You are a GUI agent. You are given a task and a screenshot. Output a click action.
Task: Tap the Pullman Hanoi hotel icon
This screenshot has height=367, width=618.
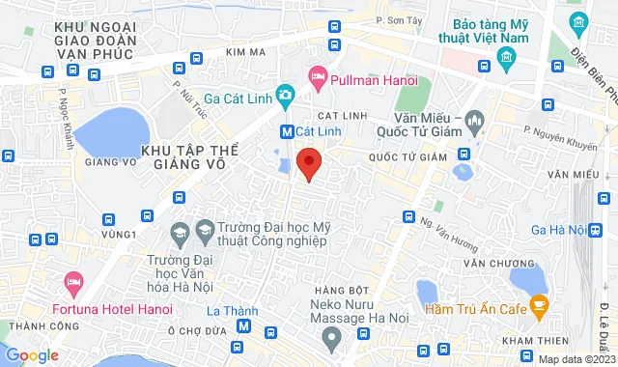coord(317,74)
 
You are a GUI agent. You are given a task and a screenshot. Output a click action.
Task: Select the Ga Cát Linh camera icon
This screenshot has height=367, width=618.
coord(285,95)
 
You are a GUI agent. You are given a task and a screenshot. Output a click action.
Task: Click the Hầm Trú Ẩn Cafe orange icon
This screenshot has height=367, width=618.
coord(539,308)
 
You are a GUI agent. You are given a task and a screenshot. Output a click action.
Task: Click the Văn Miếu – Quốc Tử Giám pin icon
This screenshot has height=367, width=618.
coord(473,123)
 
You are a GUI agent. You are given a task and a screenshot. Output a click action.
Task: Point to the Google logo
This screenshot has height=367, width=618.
coord(33,355)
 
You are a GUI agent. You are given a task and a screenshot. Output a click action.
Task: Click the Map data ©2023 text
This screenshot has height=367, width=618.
coord(575,359)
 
